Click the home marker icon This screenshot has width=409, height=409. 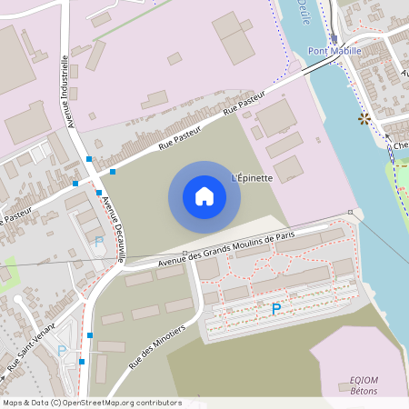point(204,195)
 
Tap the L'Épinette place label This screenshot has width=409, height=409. point(253,177)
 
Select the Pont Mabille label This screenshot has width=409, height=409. point(334,51)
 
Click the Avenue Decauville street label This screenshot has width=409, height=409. point(114,230)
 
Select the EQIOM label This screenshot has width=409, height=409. point(364,380)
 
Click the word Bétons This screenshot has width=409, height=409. point(364,391)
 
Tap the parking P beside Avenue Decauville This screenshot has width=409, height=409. point(98,242)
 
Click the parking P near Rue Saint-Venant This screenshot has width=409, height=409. point(62,351)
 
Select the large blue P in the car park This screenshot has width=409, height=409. point(276,310)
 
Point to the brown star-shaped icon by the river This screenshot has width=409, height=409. point(364,119)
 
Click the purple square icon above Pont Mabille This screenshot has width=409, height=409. point(334,39)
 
